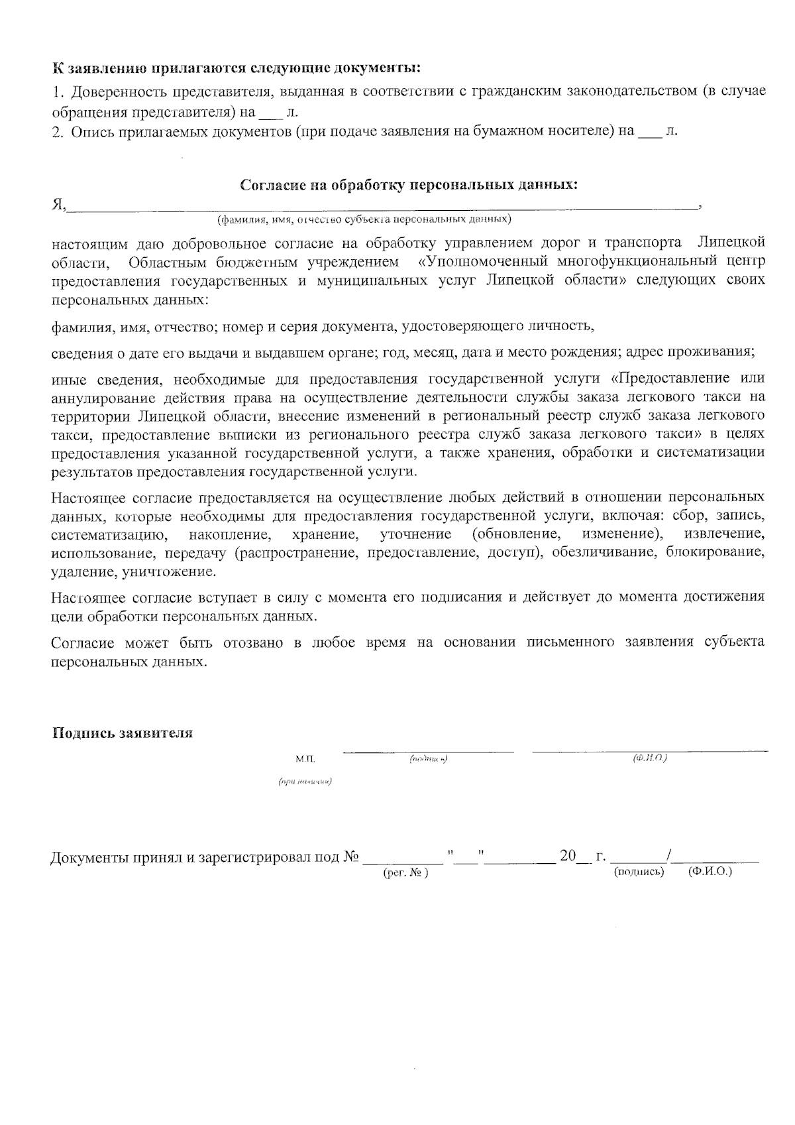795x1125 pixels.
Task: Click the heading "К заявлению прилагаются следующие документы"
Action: [x=237, y=68]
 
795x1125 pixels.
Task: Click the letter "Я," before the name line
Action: [x=59, y=205]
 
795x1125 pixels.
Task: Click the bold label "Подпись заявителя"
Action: [x=123, y=733]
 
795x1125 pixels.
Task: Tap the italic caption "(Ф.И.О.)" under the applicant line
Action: [x=649, y=757]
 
